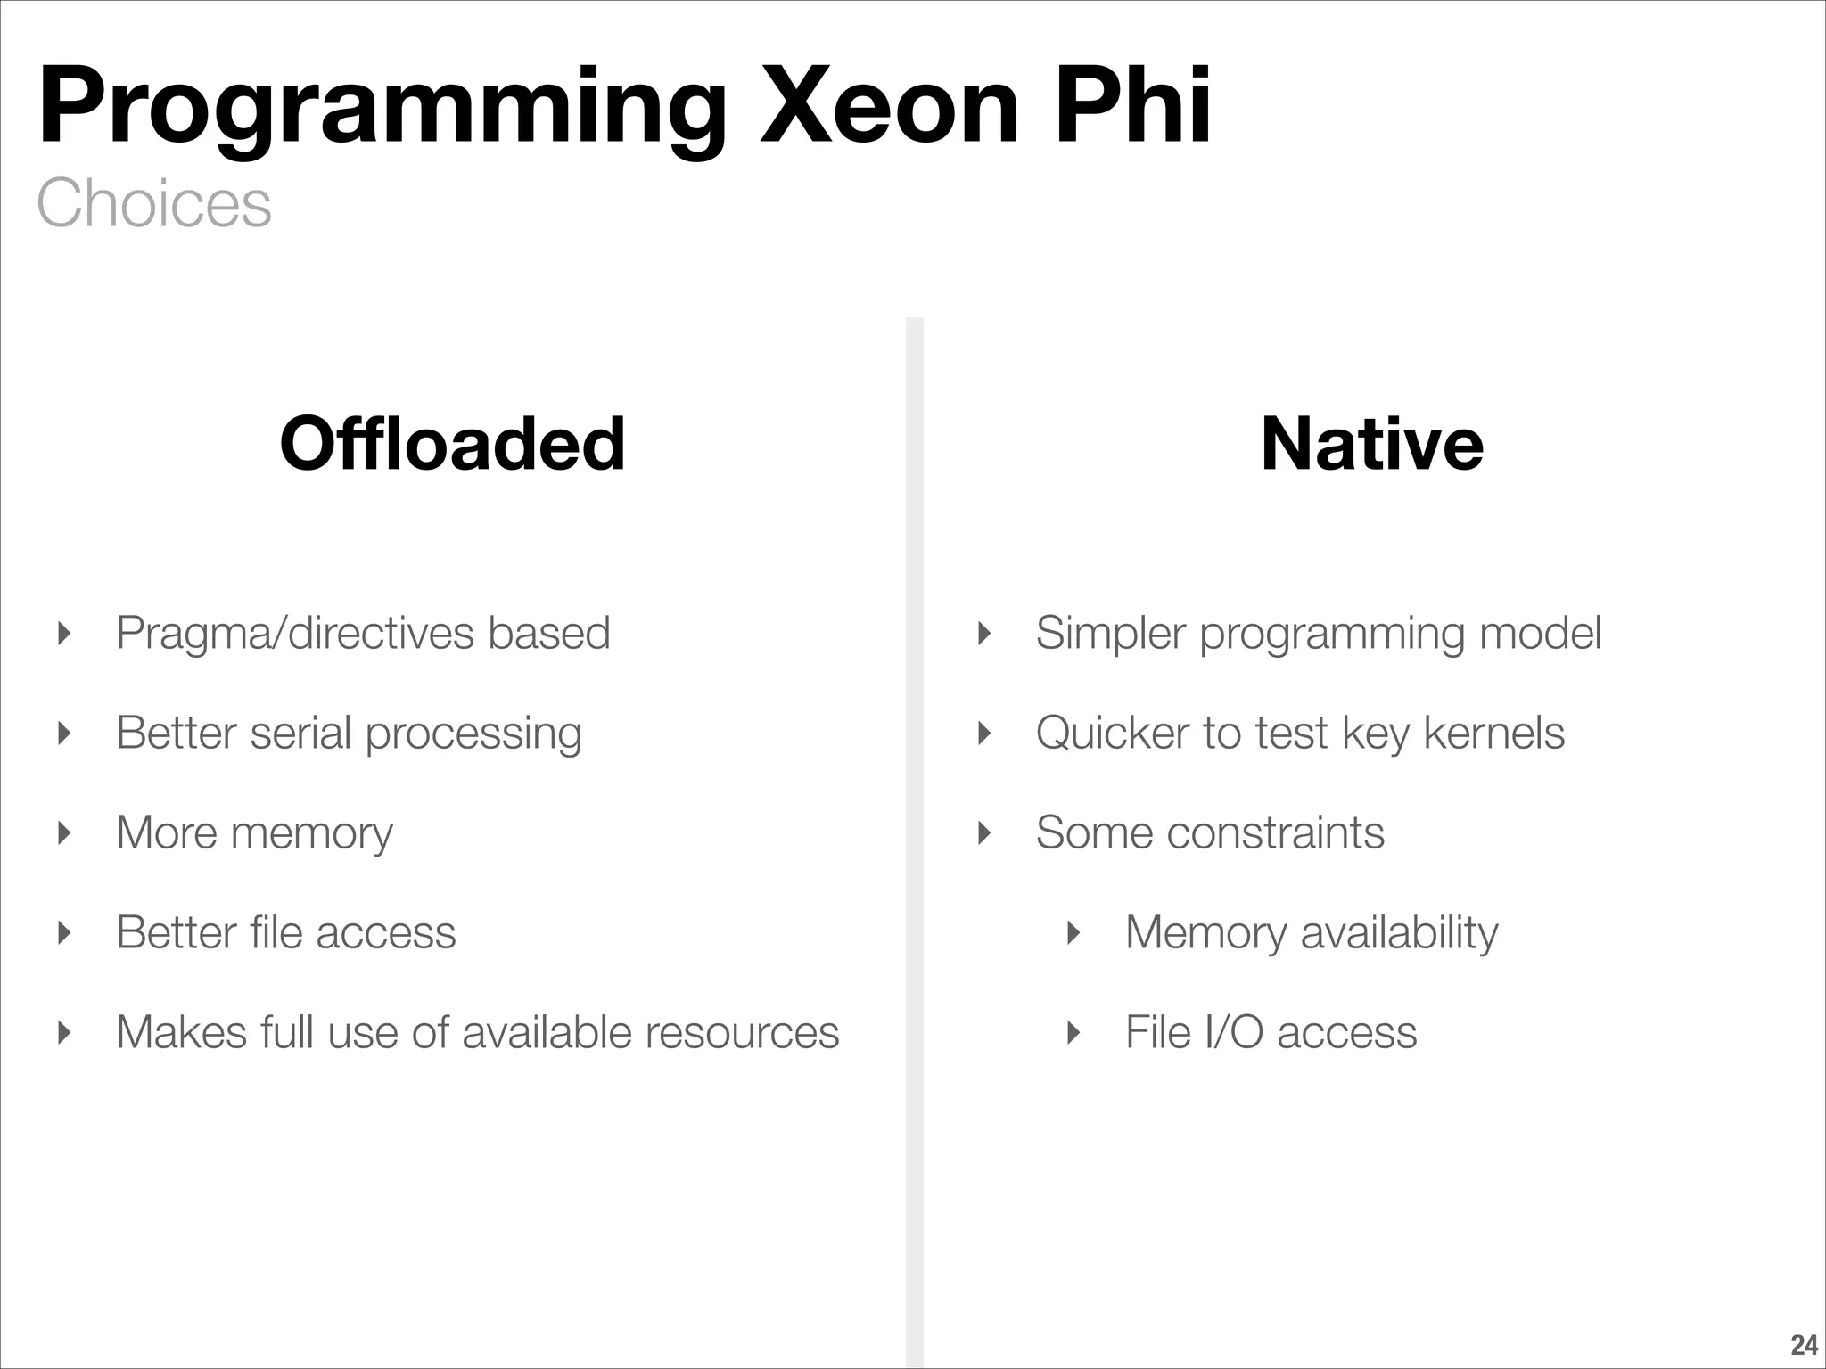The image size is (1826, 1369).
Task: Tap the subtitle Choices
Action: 153,203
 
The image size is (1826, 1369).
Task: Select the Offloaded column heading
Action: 452,444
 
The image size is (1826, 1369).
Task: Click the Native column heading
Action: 1372,444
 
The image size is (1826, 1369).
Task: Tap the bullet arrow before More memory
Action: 63,833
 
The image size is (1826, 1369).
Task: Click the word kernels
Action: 1493,734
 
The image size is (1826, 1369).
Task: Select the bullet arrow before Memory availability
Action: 1073,933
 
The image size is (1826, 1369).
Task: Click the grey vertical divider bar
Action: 915,802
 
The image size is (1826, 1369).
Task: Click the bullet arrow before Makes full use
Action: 63,1033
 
